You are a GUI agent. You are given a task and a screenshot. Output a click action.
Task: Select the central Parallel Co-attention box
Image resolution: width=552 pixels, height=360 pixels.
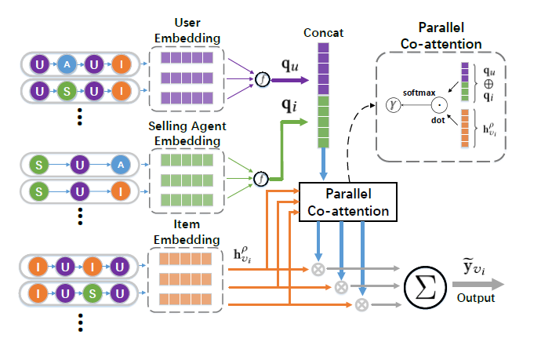[x=346, y=202]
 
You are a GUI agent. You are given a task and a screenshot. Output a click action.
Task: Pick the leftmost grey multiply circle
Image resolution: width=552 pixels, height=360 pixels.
[x=318, y=269]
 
